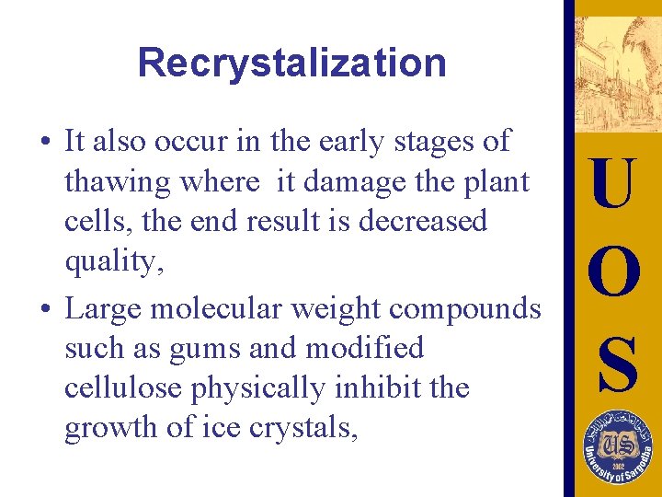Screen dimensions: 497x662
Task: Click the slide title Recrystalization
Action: tap(291, 63)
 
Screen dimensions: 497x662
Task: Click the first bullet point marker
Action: tap(44, 143)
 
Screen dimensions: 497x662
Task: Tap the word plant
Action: tap(498, 182)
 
